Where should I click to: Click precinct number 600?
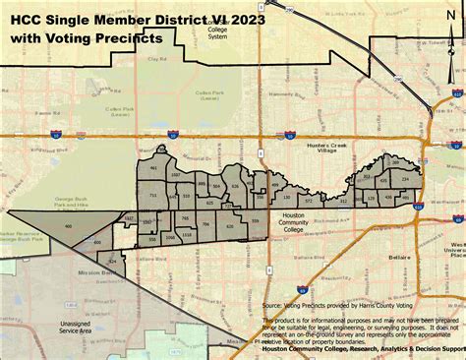point(96,241)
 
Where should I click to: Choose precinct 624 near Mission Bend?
point(112,262)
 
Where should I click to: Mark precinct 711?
point(152,196)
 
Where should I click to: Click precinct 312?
point(343,200)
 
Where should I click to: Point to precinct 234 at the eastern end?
point(405,180)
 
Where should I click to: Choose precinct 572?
point(308,201)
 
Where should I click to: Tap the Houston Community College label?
point(294,227)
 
